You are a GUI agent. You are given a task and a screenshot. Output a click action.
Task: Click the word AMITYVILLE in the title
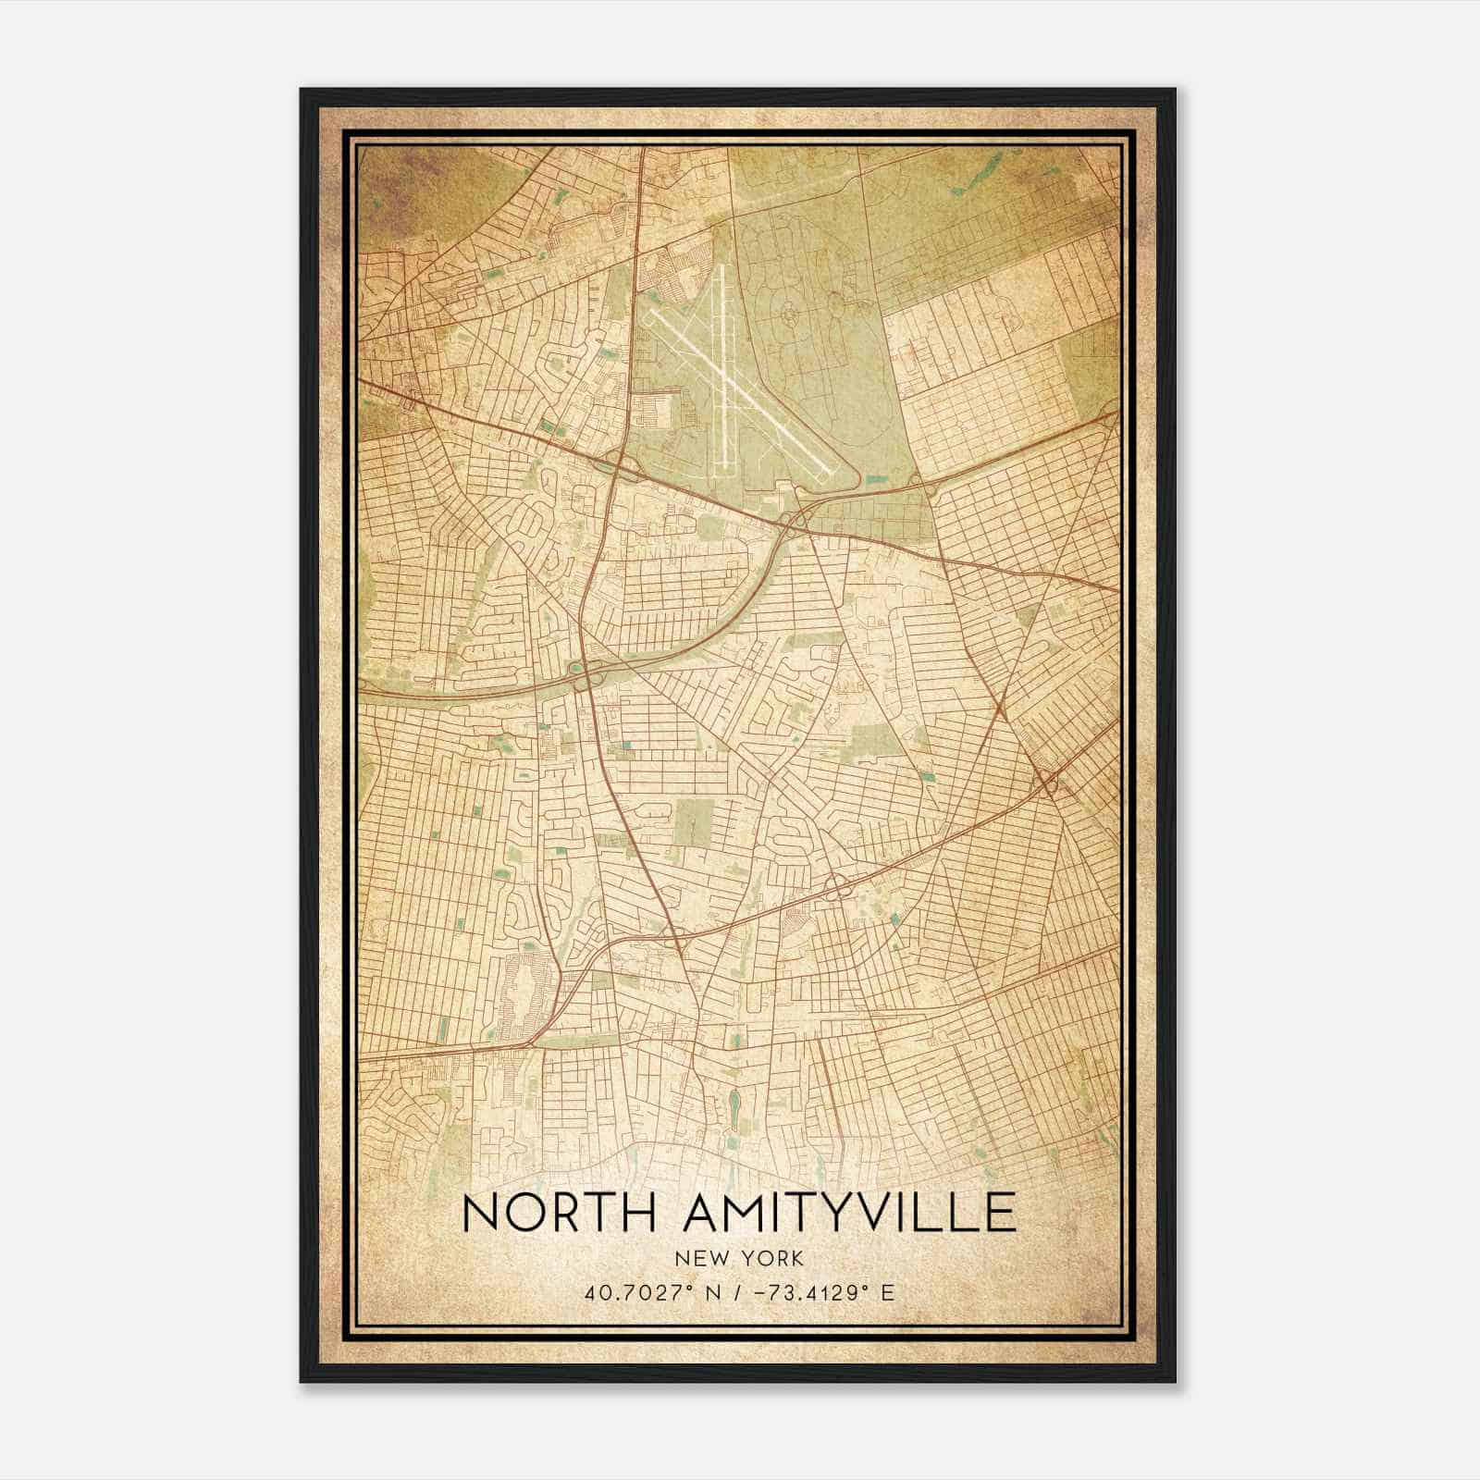849,1214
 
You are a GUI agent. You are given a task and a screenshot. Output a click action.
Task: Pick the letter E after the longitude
888,1293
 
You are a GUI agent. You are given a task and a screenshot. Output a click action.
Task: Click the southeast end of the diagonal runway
822,475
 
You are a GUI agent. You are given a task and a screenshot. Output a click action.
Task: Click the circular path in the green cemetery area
791,316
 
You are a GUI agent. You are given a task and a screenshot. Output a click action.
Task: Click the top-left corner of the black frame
302,90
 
